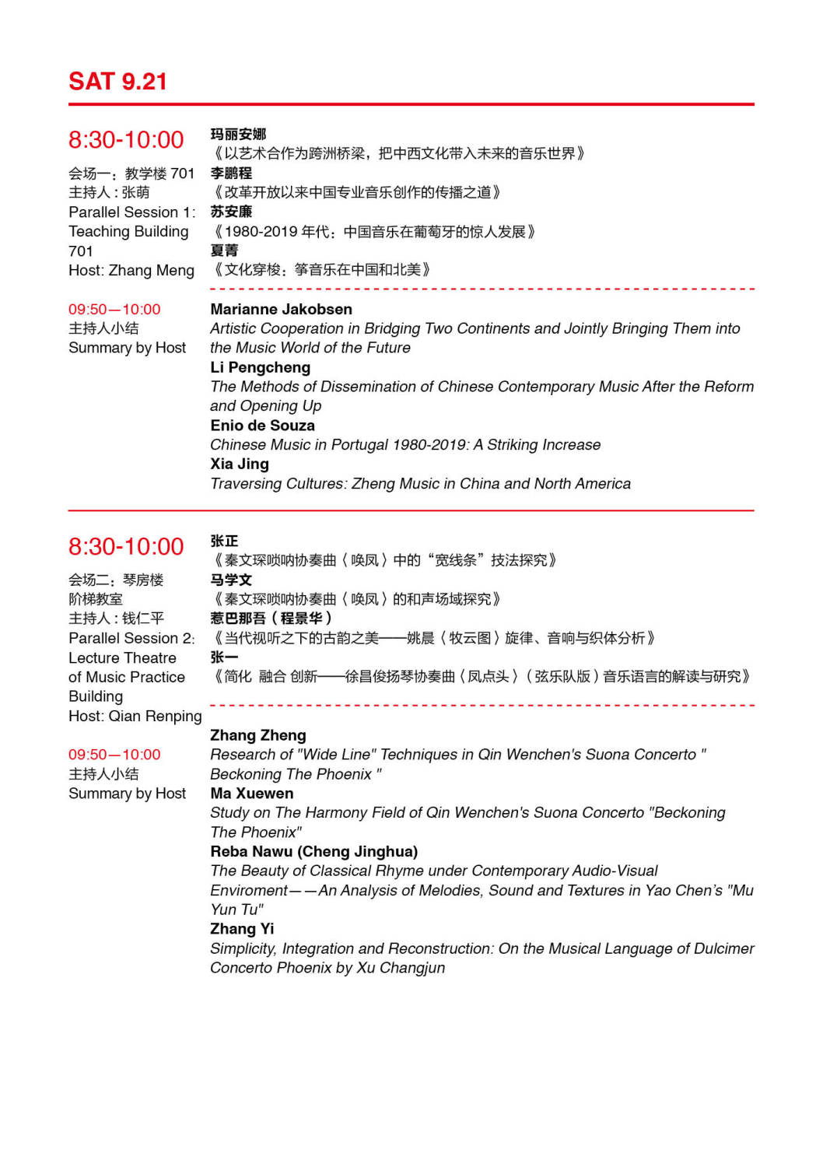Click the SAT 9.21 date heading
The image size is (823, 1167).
point(117,82)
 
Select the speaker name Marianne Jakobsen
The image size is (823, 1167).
point(281,310)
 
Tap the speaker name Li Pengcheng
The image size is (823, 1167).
point(260,367)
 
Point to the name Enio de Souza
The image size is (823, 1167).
point(262,426)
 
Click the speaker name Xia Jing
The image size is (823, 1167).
point(240,464)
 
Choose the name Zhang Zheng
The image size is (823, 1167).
point(257,735)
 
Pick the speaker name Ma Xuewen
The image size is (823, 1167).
point(251,794)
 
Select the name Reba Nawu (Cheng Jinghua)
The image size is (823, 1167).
point(313,852)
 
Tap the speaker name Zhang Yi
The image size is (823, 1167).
point(242,929)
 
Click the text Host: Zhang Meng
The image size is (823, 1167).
point(131,271)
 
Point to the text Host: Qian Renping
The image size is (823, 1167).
point(135,717)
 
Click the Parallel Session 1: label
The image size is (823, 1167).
point(131,212)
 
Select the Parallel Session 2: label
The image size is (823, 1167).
point(131,639)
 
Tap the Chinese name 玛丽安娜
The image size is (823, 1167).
point(238,135)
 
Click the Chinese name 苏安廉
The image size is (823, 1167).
point(231,212)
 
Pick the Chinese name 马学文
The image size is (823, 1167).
point(231,580)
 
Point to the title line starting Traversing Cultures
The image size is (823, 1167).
point(420,484)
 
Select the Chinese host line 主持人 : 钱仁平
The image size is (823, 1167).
point(116,619)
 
